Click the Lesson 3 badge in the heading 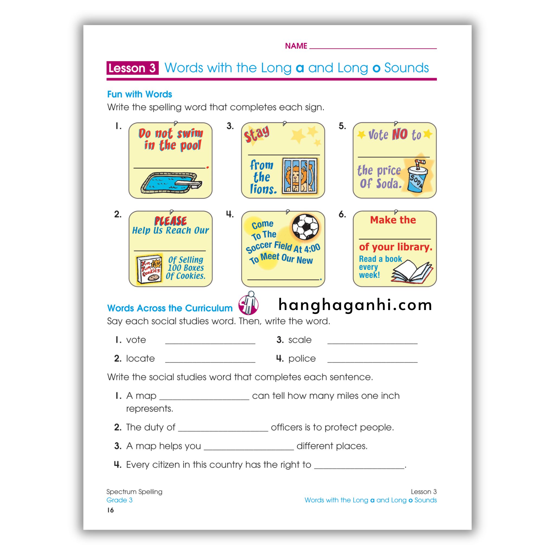pyautogui.click(x=132, y=68)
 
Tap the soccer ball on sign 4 pyautogui.click(x=305, y=227)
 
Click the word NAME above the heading pyautogui.click(x=296, y=46)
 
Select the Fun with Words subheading pyautogui.click(x=139, y=94)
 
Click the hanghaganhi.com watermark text pyautogui.click(x=355, y=305)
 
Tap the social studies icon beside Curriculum pyautogui.click(x=248, y=304)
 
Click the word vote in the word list pyautogui.click(x=136, y=340)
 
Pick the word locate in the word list pyautogui.click(x=140, y=359)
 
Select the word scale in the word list pyautogui.click(x=300, y=340)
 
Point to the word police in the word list pyautogui.click(x=302, y=359)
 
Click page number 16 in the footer pyautogui.click(x=110, y=510)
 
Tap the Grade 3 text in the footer pyautogui.click(x=119, y=500)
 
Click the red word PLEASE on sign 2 pyautogui.click(x=170, y=221)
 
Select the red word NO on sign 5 pyautogui.click(x=400, y=134)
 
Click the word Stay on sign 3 pyautogui.click(x=257, y=134)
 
